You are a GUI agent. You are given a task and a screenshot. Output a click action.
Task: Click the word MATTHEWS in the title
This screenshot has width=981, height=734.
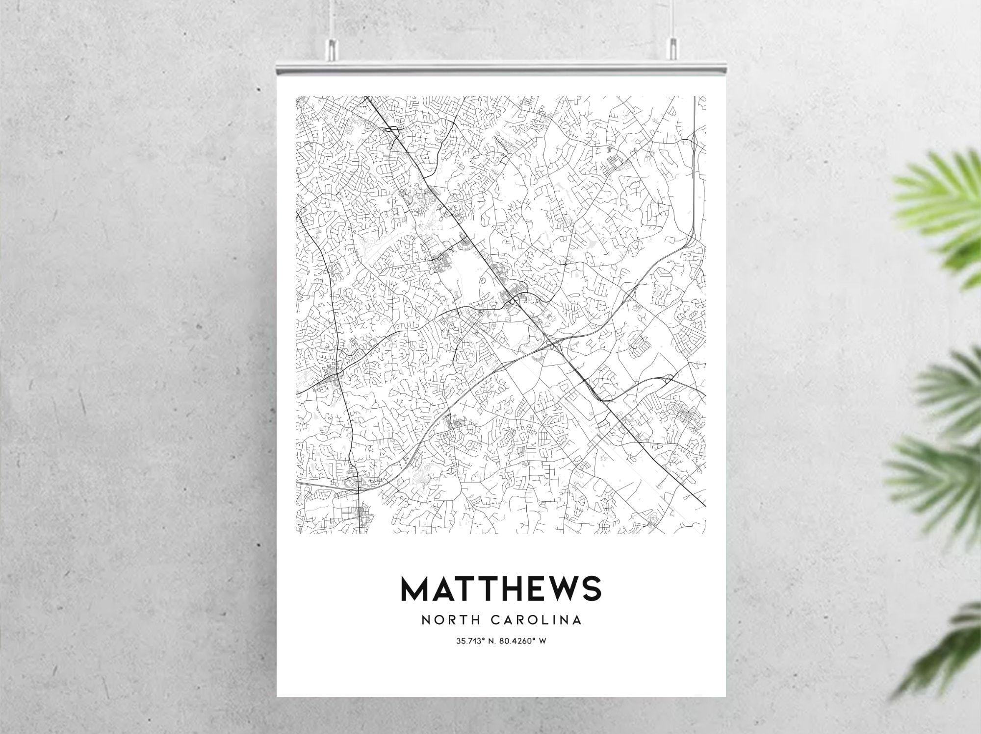(x=501, y=588)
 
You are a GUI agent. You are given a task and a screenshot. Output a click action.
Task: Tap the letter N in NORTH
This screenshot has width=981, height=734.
(x=426, y=620)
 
